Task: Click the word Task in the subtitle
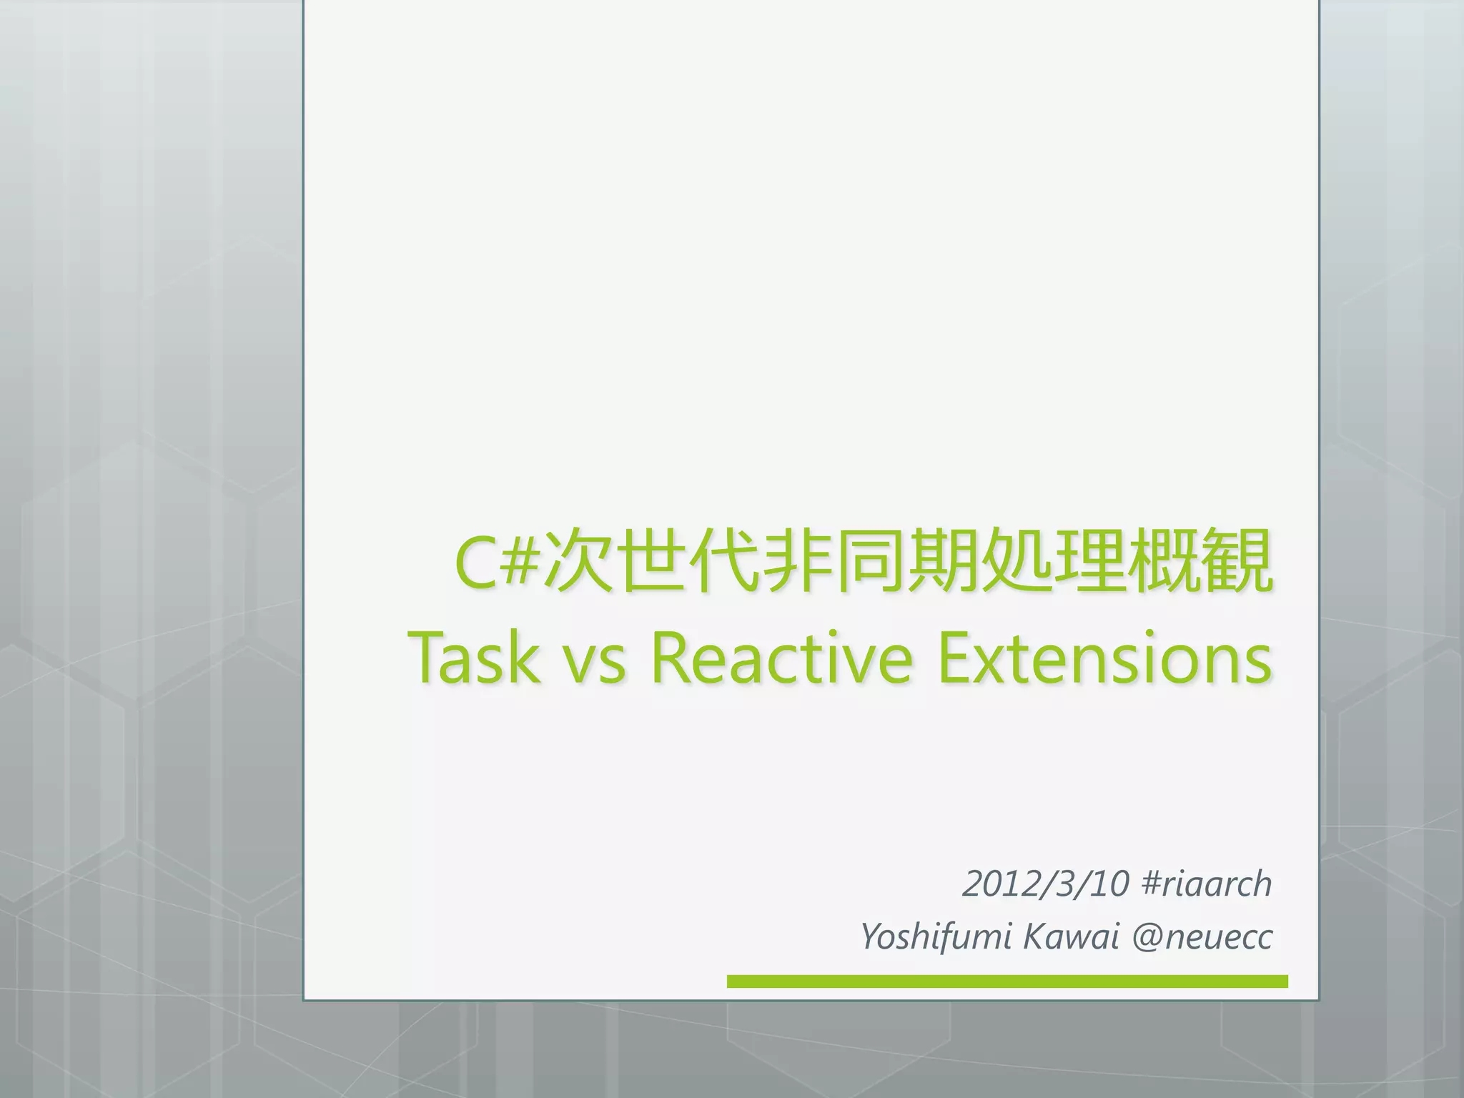coord(473,658)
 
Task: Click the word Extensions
coord(1104,658)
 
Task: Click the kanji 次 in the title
coord(578,562)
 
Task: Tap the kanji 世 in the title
coord(651,562)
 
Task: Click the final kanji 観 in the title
coord(1237,562)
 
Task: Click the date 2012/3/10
coord(1046,884)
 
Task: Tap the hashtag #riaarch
coord(1207,884)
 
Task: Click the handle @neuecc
coord(1202,937)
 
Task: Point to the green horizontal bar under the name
coord(1006,981)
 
